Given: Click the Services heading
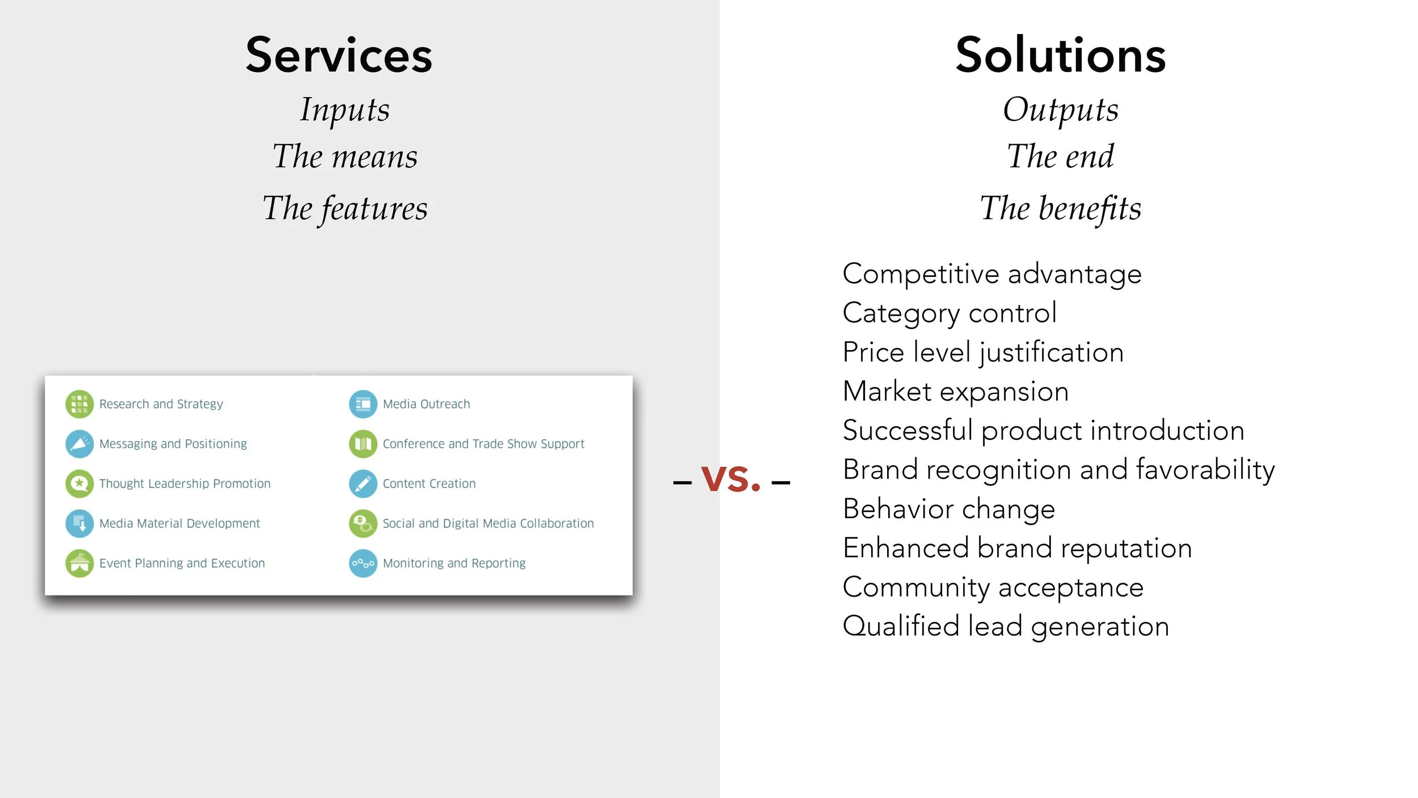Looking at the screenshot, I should click(x=339, y=55).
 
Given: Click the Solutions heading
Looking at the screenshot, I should click(x=1060, y=55).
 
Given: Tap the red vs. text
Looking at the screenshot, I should click(x=731, y=478).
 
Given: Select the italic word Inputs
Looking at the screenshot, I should click(x=345, y=110).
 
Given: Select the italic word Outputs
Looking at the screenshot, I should click(x=1060, y=110).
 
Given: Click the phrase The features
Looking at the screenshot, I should click(x=345, y=208).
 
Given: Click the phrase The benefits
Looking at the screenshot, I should click(x=1060, y=208).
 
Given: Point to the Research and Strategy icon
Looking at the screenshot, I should click(x=79, y=404).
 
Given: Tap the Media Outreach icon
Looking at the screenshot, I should click(x=363, y=404).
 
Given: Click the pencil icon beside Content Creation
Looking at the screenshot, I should click(x=363, y=484).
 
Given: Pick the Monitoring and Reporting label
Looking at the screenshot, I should click(x=454, y=563).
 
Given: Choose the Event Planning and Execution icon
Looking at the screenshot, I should click(x=79, y=563).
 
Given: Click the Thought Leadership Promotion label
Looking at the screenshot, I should click(x=185, y=484).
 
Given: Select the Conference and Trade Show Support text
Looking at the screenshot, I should click(x=483, y=444).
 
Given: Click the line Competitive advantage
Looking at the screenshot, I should click(x=991, y=274).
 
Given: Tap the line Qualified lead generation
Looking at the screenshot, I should click(x=1006, y=627).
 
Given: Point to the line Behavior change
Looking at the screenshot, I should click(x=948, y=509).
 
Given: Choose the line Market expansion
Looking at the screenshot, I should click(x=955, y=392).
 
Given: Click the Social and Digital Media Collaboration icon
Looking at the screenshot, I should click(x=363, y=523).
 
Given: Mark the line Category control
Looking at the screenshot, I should click(x=949, y=313).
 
